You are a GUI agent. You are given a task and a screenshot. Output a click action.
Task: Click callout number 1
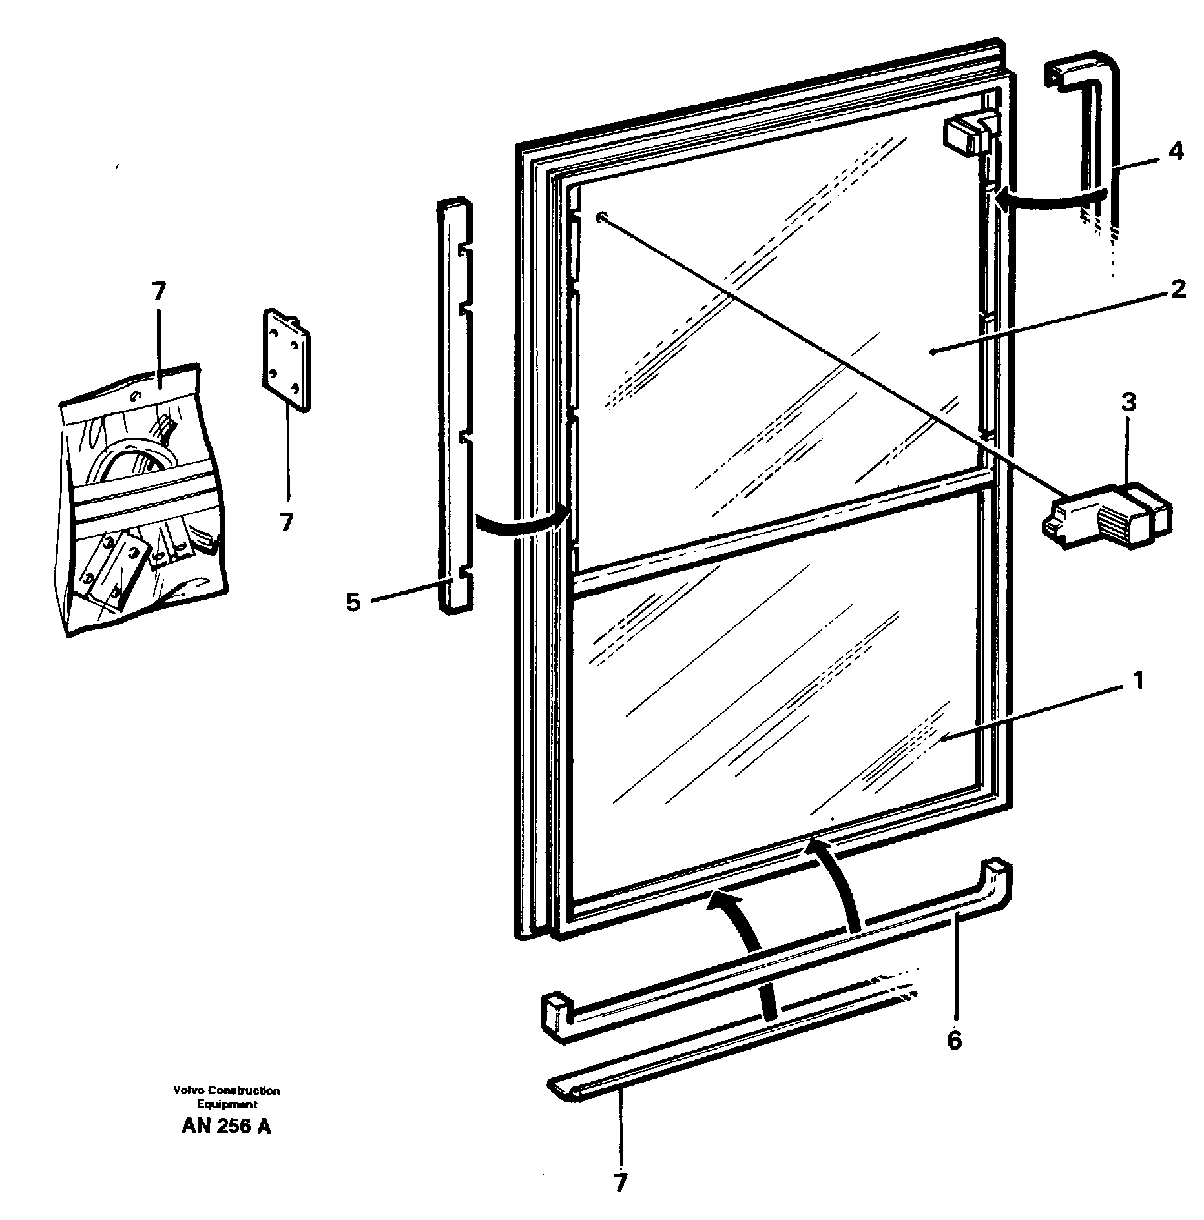pyautogui.click(x=1137, y=681)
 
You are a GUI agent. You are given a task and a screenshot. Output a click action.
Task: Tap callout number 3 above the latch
pyautogui.click(x=1128, y=403)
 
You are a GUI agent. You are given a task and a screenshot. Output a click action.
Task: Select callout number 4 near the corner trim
pyautogui.click(x=1176, y=152)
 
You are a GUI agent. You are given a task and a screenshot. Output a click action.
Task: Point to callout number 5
pyautogui.click(x=353, y=602)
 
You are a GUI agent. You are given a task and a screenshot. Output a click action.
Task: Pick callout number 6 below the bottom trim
pyautogui.click(x=954, y=1040)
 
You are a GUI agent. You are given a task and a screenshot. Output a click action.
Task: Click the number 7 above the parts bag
pyautogui.click(x=159, y=292)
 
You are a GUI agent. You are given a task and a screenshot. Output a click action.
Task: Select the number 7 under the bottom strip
pyautogui.click(x=620, y=1183)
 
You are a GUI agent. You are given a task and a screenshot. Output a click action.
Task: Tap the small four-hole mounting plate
pyautogui.click(x=285, y=360)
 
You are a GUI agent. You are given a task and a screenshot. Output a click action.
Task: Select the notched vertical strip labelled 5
pyautogui.click(x=455, y=407)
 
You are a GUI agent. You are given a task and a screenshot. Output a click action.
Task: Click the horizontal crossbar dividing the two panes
pyautogui.click(x=782, y=530)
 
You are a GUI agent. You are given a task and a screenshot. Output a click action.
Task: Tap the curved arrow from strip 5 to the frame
pyautogui.click(x=521, y=522)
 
